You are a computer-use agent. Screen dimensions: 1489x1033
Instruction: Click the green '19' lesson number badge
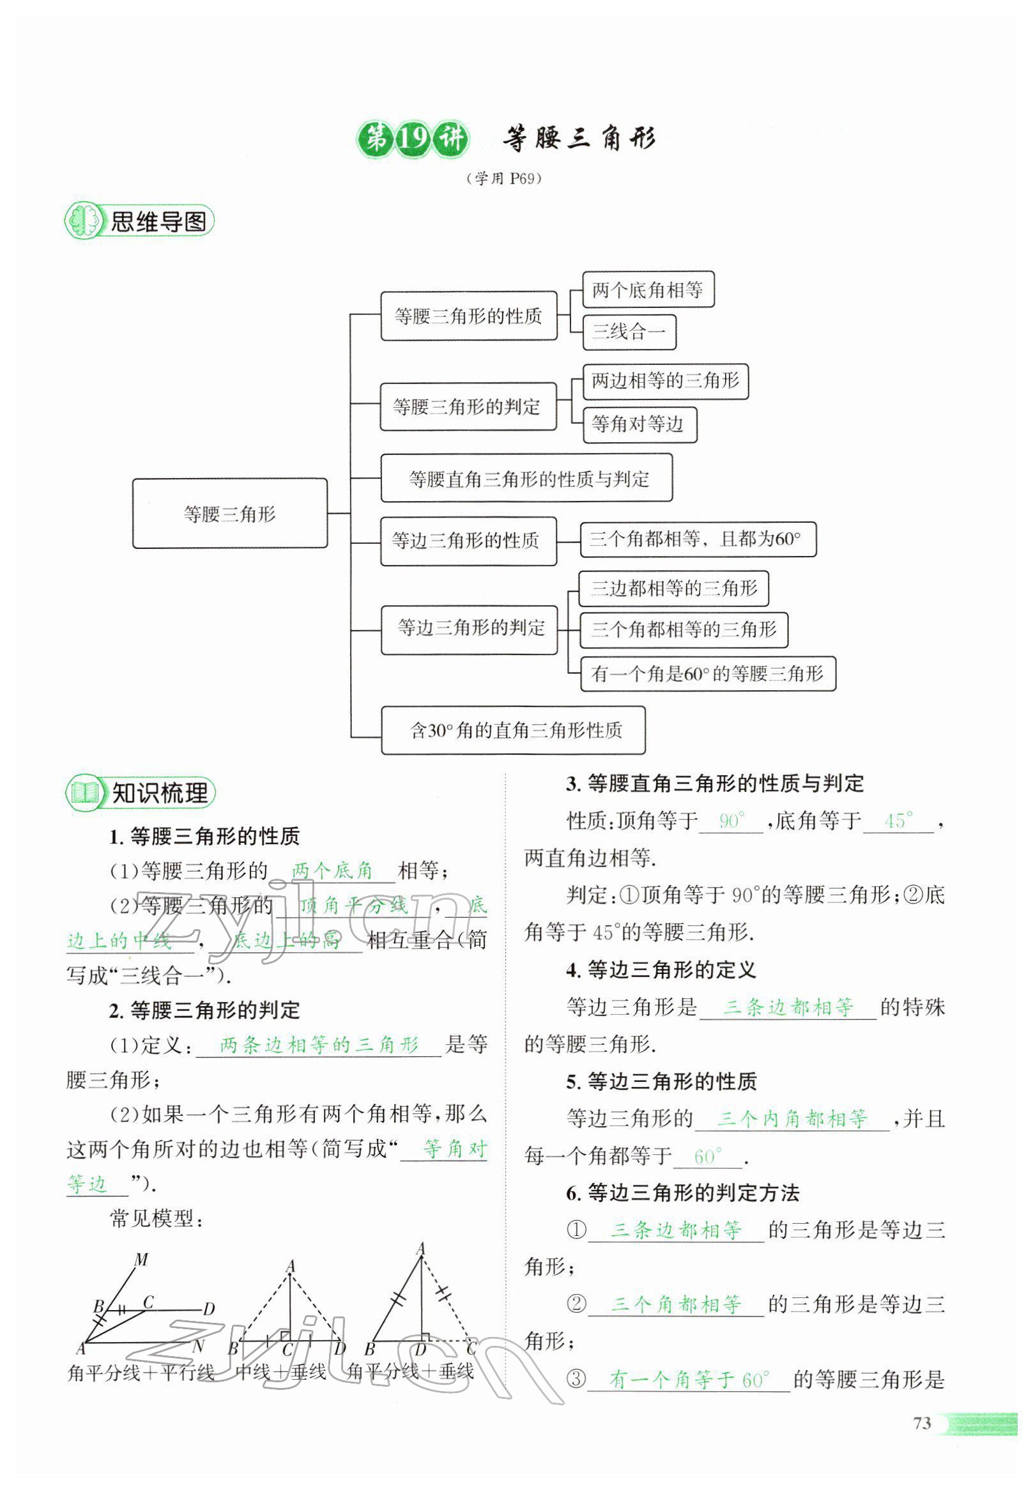pyautogui.click(x=411, y=139)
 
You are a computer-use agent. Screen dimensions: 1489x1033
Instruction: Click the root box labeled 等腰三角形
pyautogui.click(x=230, y=514)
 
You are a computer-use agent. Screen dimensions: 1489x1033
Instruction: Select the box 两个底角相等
pyautogui.click(x=647, y=289)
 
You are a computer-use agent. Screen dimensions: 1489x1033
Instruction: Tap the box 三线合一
pyautogui.click(x=629, y=332)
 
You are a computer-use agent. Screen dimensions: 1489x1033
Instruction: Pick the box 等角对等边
pyautogui.click(x=639, y=425)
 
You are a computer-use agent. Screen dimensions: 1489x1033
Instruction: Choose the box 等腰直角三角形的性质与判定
pyautogui.click(x=526, y=479)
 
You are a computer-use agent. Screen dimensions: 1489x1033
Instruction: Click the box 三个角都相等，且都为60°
pyautogui.click(x=697, y=539)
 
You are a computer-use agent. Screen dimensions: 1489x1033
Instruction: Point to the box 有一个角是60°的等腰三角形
pyautogui.click(x=707, y=674)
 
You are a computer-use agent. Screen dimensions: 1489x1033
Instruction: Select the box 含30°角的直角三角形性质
pyautogui.click(x=513, y=730)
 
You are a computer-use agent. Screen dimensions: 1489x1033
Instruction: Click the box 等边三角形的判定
pyautogui.click(x=470, y=628)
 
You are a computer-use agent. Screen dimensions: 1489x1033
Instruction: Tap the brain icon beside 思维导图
pyautogui.click(x=84, y=221)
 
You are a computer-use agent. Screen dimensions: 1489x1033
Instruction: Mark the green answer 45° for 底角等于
pyautogui.click(x=898, y=821)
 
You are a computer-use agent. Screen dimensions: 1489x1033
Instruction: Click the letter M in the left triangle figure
pyautogui.click(x=142, y=1259)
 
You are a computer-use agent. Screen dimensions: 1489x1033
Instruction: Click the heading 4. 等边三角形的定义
pyautogui.click(x=661, y=970)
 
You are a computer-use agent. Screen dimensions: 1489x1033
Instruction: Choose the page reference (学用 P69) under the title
pyautogui.click(x=503, y=179)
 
